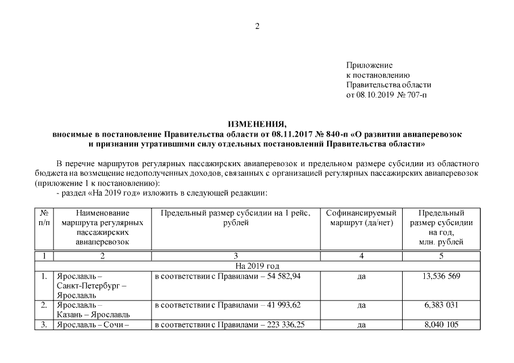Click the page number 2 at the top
(x=257, y=26)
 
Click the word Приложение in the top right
(x=369, y=66)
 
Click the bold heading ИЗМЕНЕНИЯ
(x=257, y=124)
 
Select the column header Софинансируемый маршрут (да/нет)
(x=361, y=218)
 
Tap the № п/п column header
(x=44, y=218)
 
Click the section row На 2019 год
(x=257, y=266)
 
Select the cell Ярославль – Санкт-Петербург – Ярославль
(x=91, y=285)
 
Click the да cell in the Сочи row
(x=361, y=325)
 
